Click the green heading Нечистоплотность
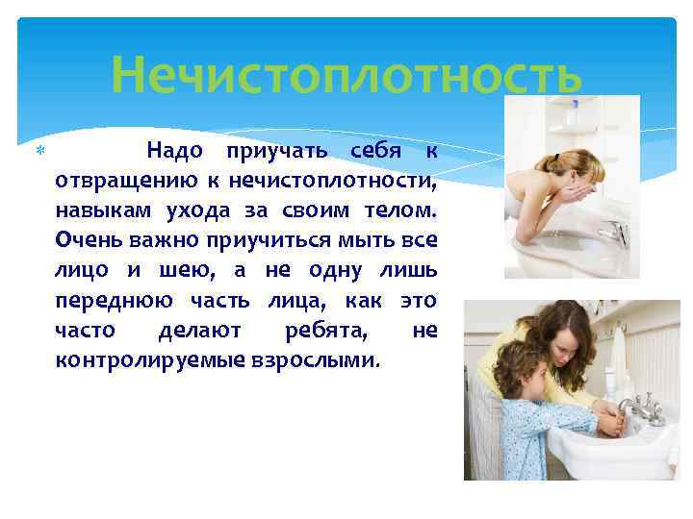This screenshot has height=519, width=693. click(346, 73)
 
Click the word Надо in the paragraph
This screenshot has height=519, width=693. click(173, 151)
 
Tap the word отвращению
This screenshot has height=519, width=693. click(122, 181)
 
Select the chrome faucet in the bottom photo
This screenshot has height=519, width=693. click(634, 408)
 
